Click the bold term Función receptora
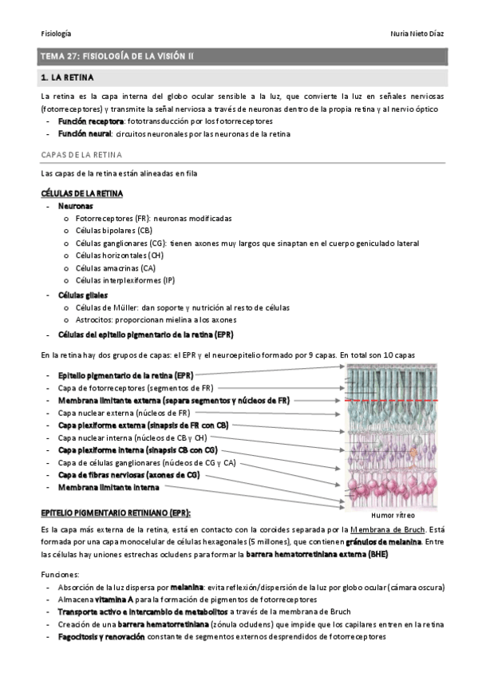90,121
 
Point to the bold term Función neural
84,134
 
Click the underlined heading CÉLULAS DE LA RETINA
81,193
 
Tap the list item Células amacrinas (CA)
115,268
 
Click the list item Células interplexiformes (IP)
124,280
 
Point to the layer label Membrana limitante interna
108,487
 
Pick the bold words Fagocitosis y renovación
101,637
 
